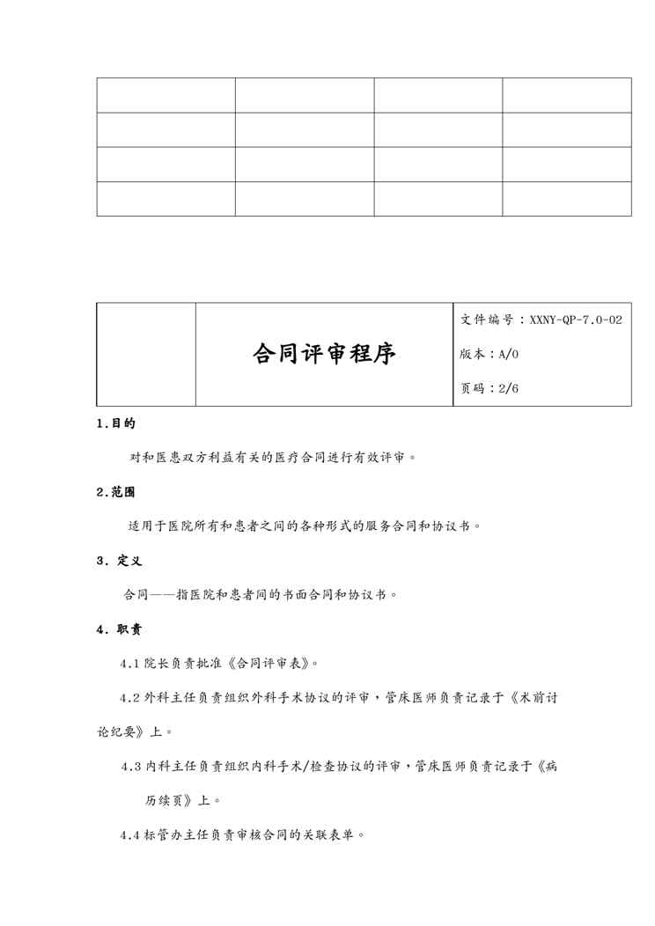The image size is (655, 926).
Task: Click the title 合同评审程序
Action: (x=325, y=354)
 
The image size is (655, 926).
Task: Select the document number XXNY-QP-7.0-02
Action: (x=577, y=320)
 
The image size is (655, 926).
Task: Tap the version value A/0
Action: (x=509, y=354)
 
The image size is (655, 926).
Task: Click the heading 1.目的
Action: (x=115, y=423)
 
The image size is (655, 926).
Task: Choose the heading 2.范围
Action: (x=115, y=492)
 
